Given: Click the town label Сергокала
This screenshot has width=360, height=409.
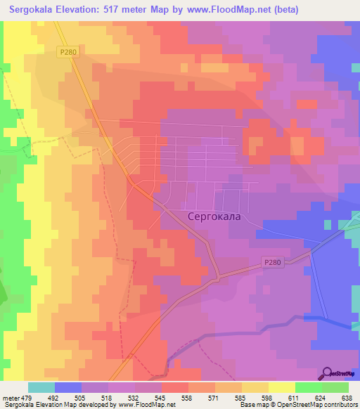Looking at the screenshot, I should tap(214, 216).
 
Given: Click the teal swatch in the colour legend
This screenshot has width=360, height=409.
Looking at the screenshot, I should tap(41, 387).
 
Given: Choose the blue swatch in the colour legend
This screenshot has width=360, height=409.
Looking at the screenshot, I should tap(68, 387).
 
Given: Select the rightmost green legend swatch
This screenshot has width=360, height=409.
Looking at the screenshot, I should tap(335, 387).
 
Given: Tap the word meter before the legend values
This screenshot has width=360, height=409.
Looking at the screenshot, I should tap(10, 397).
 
